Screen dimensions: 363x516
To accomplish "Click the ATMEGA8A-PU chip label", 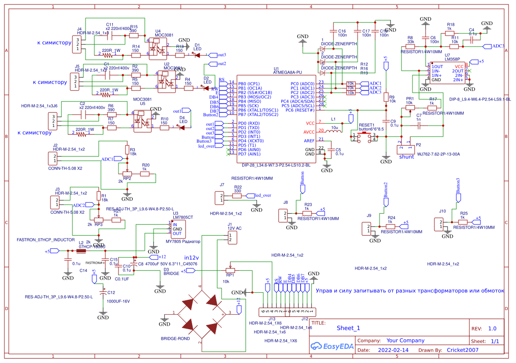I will click(288, 73).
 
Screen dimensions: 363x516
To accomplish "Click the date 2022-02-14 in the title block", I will click(393, 350).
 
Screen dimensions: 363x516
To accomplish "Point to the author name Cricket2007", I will click(462, 350).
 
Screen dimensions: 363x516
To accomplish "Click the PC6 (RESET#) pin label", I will click(300, 110).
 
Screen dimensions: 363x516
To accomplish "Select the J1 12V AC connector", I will click(233, 237).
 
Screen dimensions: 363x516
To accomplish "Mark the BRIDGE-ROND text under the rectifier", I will click(176, 339).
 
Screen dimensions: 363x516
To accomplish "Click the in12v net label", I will click(191, 257).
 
